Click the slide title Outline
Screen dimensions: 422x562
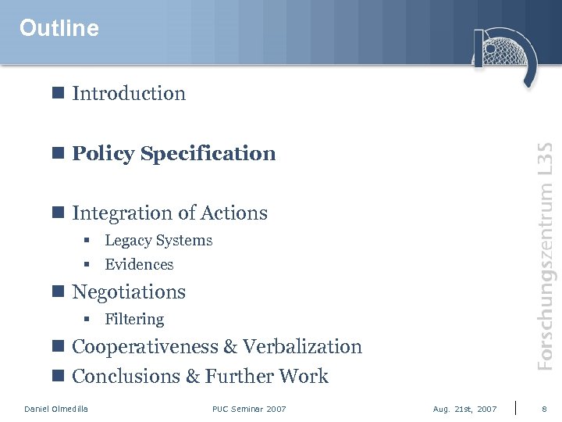pos(59,29)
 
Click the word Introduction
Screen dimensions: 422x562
pos(129,94)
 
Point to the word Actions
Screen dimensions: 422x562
pos(234,213)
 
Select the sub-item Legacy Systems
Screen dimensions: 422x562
pos(158,241)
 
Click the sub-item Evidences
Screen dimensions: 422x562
pos(139,265)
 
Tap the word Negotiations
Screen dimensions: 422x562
pos(129,292)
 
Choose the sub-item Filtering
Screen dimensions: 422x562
pos(134,320)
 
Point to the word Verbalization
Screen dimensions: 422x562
pos(303,347)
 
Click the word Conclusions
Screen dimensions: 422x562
pos(126,377)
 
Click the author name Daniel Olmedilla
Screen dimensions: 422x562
pos(56,409)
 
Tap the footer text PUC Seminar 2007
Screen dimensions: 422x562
pos(249,409)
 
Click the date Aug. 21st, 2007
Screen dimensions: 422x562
pos(464,409)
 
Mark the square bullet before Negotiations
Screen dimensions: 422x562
pos(57,291)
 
